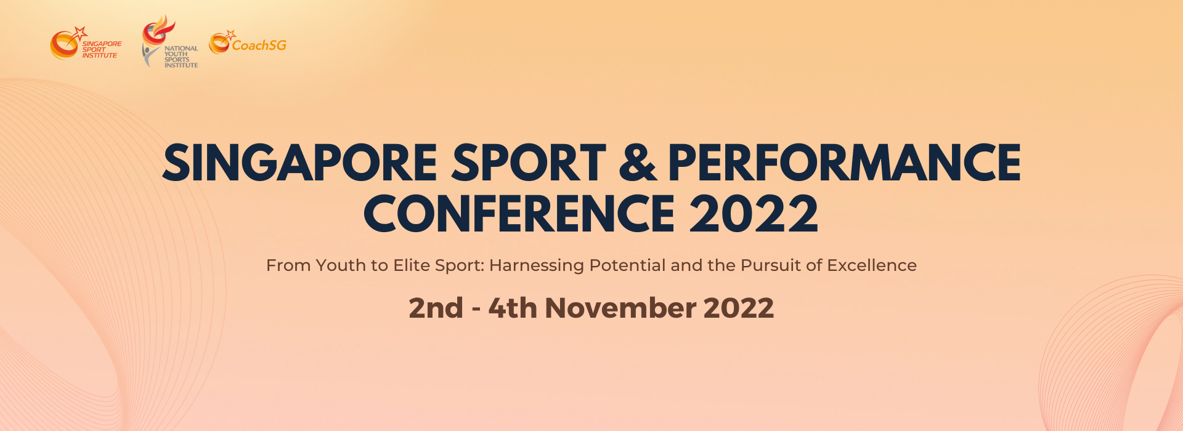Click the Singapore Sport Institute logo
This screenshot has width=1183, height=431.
point(86,43)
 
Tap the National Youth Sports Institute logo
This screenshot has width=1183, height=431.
point(169,41)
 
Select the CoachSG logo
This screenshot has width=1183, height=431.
point(248,42)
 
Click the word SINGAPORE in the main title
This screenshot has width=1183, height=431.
point(300,163)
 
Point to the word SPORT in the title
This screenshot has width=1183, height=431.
point(529,163)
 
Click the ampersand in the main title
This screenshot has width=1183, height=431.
point(638,163)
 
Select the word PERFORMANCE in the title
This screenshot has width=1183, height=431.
point(845,163)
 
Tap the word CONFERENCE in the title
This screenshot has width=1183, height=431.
point(519,214)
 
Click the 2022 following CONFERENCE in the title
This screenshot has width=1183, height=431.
point(754,214)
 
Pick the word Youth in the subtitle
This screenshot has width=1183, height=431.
point(341,265)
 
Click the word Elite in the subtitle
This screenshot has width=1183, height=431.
point(412,265)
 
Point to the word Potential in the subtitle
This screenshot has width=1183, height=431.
point(628,265)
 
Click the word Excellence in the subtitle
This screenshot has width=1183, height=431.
point(872,265)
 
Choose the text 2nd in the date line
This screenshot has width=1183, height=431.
point(436,308)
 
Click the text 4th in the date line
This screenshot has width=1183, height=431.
point(513,308)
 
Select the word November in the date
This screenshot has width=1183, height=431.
point(620,308)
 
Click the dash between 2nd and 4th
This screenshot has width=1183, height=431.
point(476,310)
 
